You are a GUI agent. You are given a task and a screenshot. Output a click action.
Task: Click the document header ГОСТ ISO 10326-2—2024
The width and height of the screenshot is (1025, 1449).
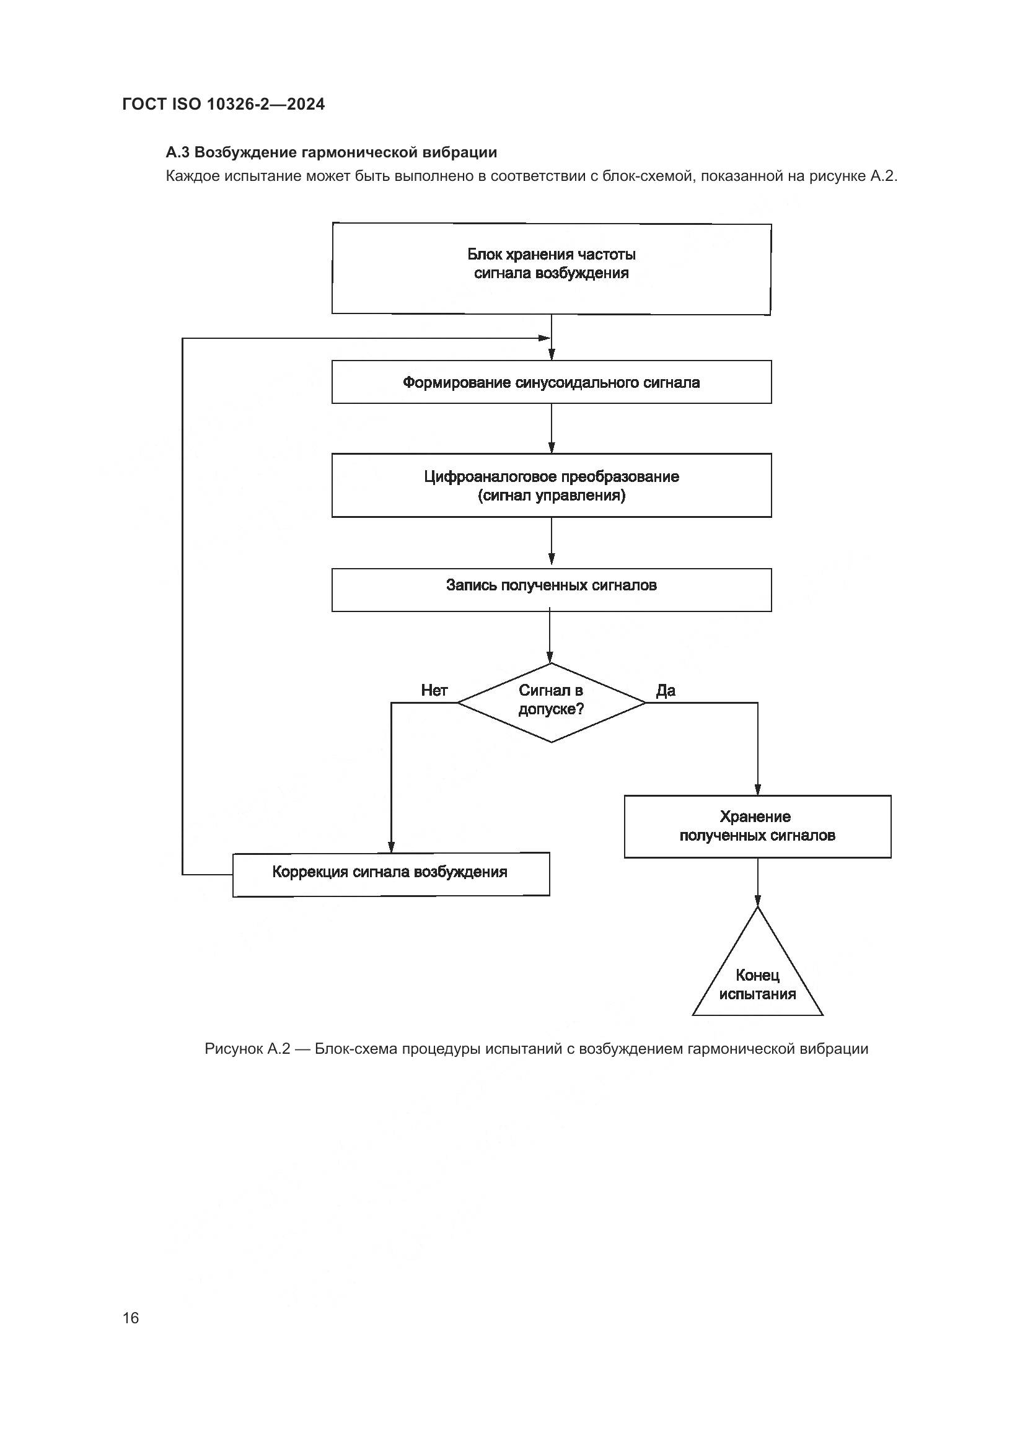pyautogui.click(x=224, y=104)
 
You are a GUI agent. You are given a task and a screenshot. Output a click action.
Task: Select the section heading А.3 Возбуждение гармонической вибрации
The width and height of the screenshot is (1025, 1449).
pyautogui.click(x=331, y=152)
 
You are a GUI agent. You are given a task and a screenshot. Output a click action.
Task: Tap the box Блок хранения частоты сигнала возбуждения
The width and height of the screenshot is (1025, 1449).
pyautogui.click(x=551, y=268)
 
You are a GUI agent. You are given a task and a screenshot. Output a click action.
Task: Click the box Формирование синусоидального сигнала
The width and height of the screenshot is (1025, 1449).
pyautogui.click(x=551, y=382)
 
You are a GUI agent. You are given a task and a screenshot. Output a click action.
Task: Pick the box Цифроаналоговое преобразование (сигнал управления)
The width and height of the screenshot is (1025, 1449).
pyautogui.click(x=551, y=484)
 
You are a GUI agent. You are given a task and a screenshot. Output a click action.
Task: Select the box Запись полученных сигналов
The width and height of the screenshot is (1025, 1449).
pyautogui.click(x=551, y=589)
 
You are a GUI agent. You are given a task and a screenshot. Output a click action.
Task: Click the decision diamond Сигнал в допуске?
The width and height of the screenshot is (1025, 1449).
pyautogui.click(x=551, y=702)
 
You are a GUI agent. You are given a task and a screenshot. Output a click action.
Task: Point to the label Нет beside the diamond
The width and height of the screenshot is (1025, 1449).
pyautogui.click(x=434, y=690)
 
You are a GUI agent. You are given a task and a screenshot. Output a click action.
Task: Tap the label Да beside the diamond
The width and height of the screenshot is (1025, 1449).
pyautogui.click(x=665, y=690)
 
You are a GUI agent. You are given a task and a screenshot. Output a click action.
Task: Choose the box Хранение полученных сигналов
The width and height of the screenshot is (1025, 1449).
pyautogui.click(x=757, y=826)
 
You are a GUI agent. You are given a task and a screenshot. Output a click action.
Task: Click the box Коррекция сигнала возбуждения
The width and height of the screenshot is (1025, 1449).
pyautogui.click(x=390, y=874)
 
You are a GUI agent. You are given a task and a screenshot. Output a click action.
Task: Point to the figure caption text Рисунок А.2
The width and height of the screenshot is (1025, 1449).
pyautogui.click(x=247, y=1048)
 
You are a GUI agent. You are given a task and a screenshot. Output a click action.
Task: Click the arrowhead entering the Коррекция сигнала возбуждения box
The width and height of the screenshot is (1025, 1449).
pyautogui.click(x=390, y=847)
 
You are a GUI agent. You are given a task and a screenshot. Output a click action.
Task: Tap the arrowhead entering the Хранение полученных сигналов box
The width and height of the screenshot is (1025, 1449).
pyautogui.click(x=757, y=789)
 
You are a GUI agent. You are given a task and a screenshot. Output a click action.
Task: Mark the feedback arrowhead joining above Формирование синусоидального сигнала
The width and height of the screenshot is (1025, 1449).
pyautogui.click(x=544, y=338)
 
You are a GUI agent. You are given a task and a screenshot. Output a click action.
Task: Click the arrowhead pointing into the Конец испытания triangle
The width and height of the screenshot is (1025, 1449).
pyautogui.click(x=757, y=901)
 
